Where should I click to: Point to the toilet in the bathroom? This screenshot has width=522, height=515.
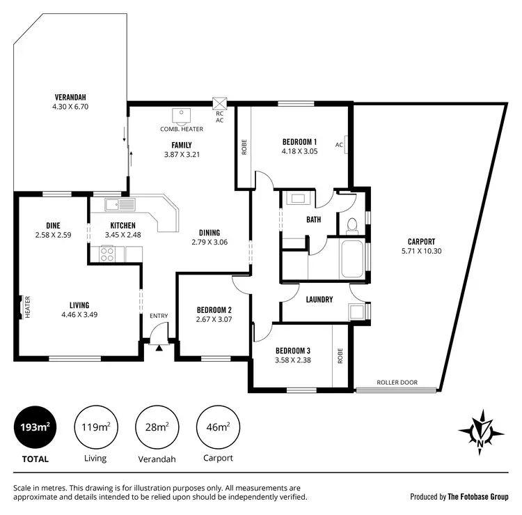pos(351,224)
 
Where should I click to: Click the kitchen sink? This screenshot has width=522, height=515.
pos(120,205)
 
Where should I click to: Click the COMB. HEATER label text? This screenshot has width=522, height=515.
pos(182,129)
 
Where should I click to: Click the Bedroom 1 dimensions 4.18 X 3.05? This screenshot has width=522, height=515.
pos(299,151)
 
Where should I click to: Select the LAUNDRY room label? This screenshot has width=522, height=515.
pos(319,300)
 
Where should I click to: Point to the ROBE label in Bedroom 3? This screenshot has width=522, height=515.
pos(340,356)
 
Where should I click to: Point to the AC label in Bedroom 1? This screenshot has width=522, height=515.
pos(339,145)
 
